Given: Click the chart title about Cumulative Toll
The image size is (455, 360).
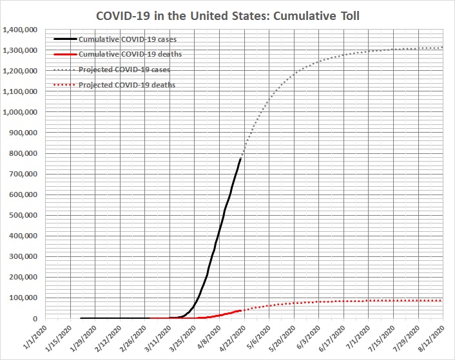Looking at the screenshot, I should [227, 15].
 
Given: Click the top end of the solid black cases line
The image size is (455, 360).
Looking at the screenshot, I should [241, 158].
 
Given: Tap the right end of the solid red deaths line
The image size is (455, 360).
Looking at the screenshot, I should [241, 310].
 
